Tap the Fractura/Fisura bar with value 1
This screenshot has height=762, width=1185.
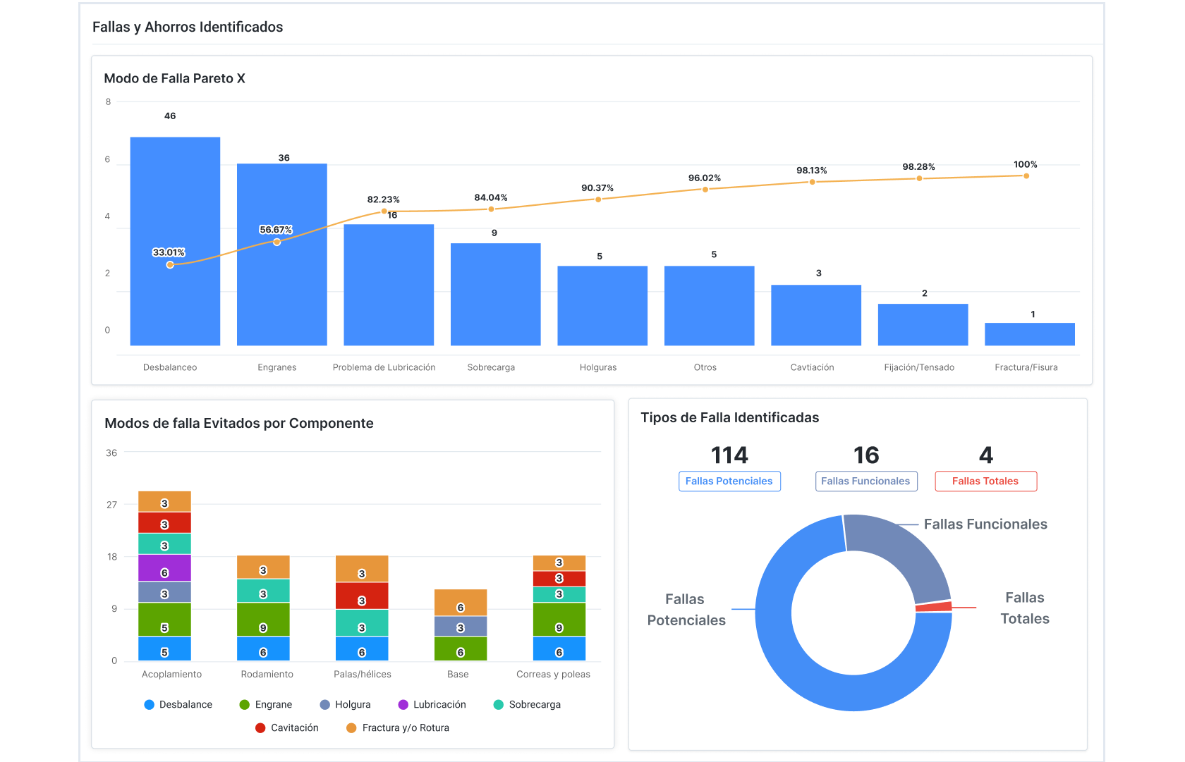(x=1029, y=334)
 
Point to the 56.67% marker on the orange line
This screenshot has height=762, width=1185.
(x=276, y=242)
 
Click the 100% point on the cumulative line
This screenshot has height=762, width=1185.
(x=1026, y=176)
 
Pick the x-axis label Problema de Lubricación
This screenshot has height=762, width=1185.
(x=384, y=367)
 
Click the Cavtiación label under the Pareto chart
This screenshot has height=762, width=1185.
(x=812, y=367)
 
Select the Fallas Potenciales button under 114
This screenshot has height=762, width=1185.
(x=729, y=481)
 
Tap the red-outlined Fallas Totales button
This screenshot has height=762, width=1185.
(x=985, y=481)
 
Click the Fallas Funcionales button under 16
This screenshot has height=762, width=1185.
(x=865, y=481)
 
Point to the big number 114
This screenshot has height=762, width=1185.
(x=729, y=455)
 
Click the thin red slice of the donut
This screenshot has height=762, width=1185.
(x=934, y=606)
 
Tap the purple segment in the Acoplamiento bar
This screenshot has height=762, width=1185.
(x=164, y=567)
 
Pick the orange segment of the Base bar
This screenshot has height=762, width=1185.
(x=460, y=602)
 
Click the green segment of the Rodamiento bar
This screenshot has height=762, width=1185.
(x=262, y=619)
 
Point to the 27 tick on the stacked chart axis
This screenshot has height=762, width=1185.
(x=111, y=505)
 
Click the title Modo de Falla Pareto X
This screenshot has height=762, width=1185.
(x=174, y=78)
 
